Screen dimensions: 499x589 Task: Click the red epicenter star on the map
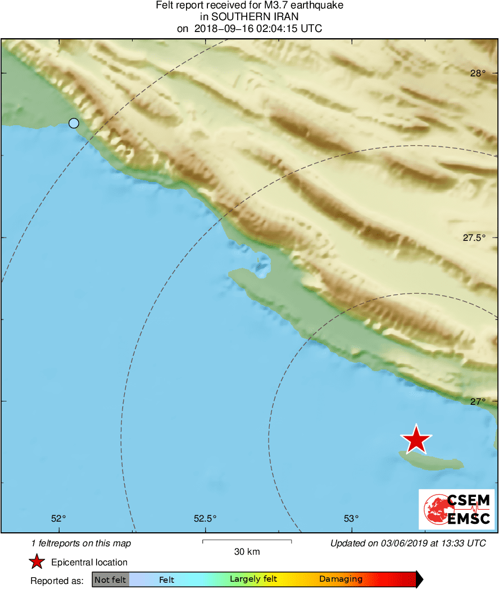(x=416, y=440)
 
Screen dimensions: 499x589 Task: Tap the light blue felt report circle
(x=74, y=124)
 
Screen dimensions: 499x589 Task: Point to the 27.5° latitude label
(x=474, y=238)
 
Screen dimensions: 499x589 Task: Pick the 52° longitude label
(x=58, y=518)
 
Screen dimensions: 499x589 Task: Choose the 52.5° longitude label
(x=205, y=518)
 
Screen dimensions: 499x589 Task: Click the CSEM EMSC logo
(x=456, y=509)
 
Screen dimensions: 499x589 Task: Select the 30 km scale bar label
(x=247, y=551)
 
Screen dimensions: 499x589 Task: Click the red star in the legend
(x=37, y=562)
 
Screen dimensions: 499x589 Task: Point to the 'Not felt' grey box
(x=111, y=579)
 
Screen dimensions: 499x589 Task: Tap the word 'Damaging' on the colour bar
(x=341, y=579)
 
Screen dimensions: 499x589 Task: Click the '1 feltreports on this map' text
(x=81, y=543)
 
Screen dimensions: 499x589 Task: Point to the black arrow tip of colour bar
(x=420, y=579)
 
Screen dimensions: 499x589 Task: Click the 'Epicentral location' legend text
(x=89, y=562)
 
